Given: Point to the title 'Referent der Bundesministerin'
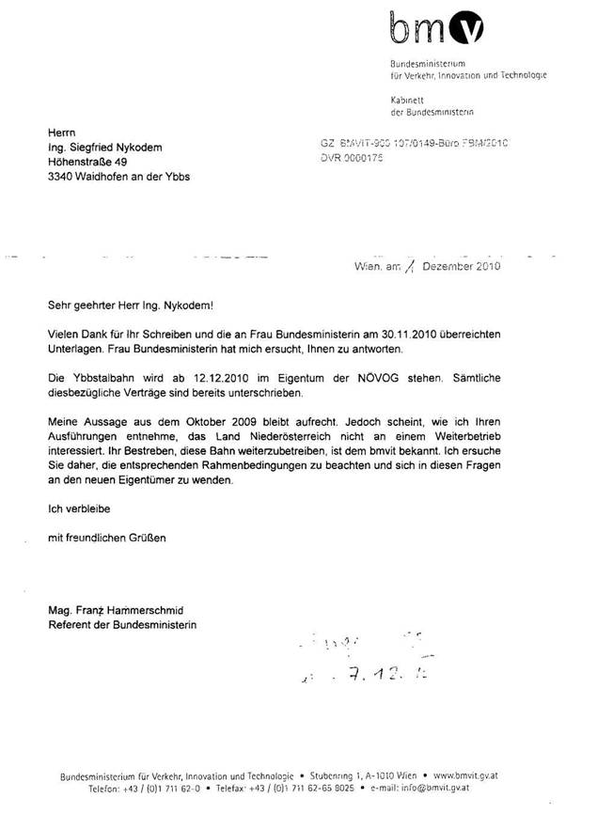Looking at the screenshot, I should (123, 625).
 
